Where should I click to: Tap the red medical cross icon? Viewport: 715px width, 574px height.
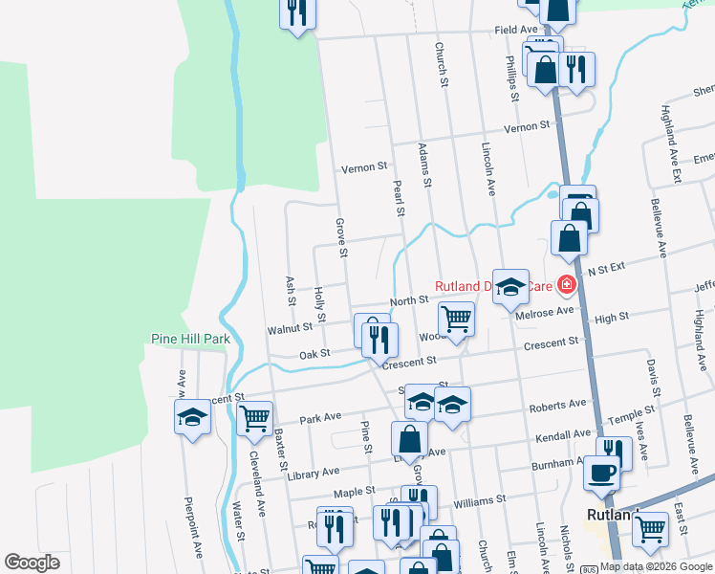click(x=567, y=284)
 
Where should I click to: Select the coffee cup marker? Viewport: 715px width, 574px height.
click(x=600, y=472)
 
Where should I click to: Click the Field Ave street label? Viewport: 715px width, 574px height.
click(x=517, y=31)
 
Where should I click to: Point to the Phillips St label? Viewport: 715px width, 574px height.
click(x=512, y=79)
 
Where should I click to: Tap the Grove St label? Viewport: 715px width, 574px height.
click(x=339, y=237)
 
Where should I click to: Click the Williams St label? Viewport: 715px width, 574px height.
click(x=479, y=500)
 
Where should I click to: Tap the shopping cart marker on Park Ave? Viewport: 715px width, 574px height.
click(x=254, y=417)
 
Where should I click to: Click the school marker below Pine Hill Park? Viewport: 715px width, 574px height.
click(x=192, y=417)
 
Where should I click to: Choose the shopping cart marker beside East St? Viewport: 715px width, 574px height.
click(x=650, y=526)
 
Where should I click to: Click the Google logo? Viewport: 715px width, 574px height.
click(x=32, y=563)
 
